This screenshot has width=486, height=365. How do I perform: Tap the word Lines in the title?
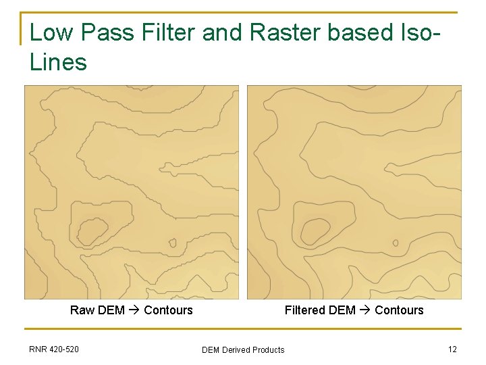point(59,63)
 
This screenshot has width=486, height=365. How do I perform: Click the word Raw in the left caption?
point(82,310)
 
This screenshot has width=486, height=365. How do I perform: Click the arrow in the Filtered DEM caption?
point(365,310)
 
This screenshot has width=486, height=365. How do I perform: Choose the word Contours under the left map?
point(168,310)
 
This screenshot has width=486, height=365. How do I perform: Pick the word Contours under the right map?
point(399,310)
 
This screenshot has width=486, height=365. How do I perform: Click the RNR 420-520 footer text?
point(54,349)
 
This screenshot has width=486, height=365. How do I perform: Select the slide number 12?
point(452,349)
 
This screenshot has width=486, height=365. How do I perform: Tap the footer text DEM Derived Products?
point(243,350)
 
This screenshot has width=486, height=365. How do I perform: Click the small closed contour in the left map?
point(173,243)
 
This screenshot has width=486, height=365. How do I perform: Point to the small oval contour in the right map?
point(396,243)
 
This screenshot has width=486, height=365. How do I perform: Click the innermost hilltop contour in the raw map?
point(92,230)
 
